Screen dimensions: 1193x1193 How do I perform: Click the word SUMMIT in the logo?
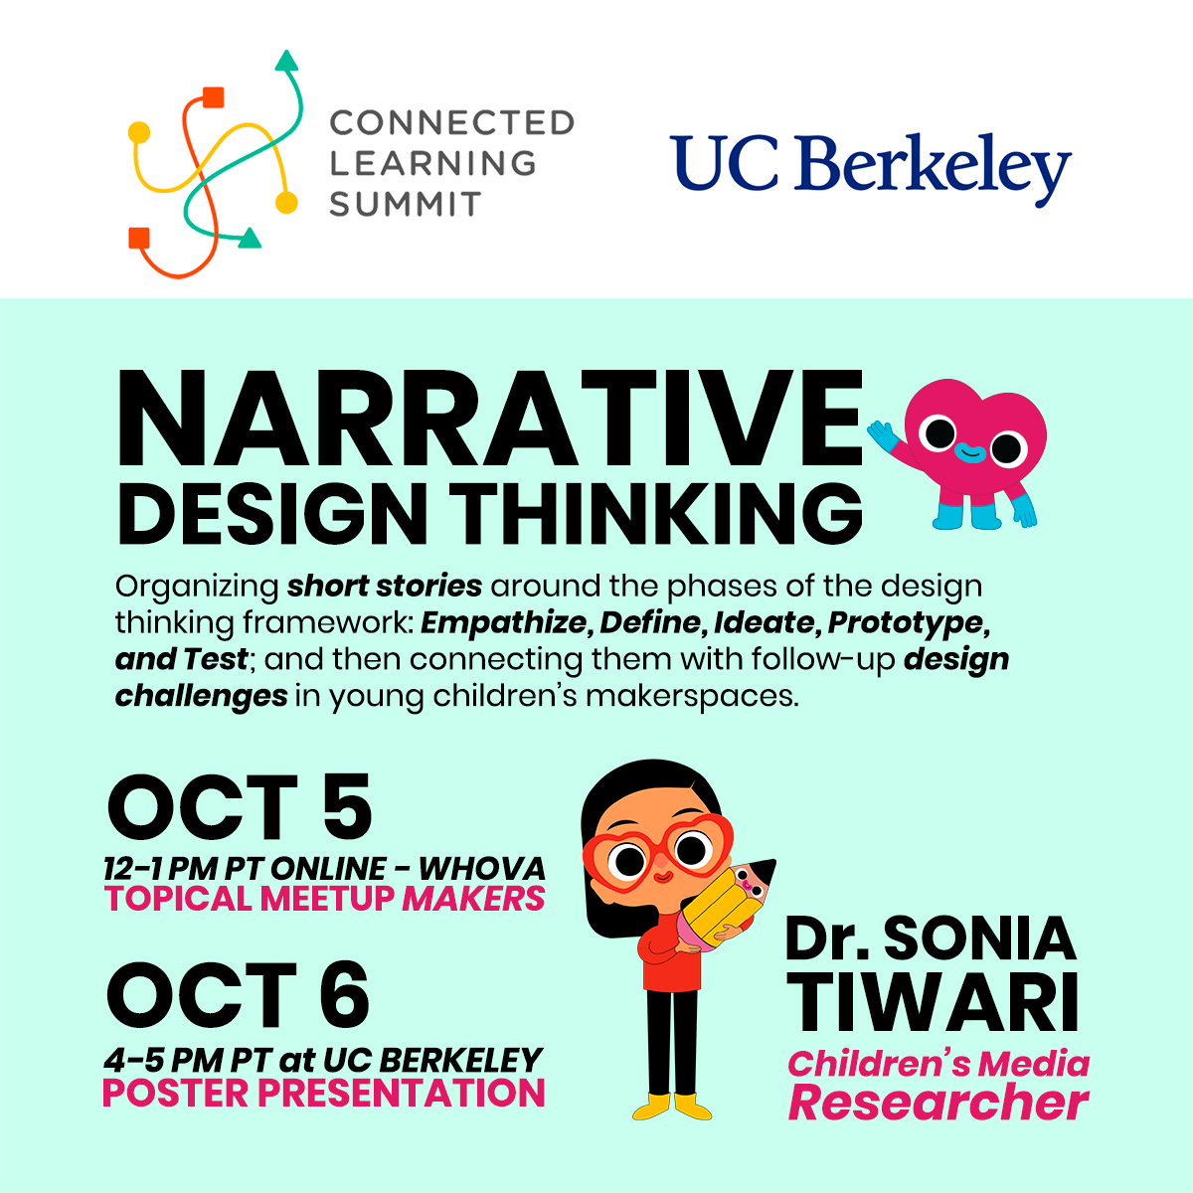[405, 204]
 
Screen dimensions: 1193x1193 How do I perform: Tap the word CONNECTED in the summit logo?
[451, 123]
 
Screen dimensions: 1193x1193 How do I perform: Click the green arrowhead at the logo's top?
[286, 62]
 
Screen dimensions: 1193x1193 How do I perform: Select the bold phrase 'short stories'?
[385, 586]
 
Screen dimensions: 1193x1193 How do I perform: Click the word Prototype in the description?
[908, 622]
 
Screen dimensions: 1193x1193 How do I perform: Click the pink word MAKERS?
[473, 899]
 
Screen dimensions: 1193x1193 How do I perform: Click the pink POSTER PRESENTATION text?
[324, 1093]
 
